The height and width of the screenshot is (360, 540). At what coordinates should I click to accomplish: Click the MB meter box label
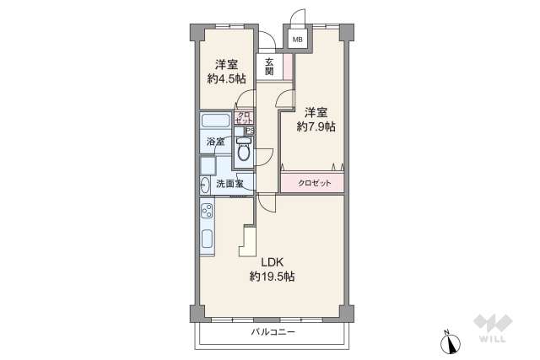pos(297,39)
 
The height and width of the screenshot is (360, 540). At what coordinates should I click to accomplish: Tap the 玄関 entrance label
pos(268,67)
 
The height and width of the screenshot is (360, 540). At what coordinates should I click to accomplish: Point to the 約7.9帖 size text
pos(316,127)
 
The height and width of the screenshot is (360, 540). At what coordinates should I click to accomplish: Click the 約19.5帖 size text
pos(272,276)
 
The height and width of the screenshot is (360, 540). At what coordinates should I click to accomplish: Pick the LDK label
pos(272,261)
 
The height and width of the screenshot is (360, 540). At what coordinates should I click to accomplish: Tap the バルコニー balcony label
pos(273,333)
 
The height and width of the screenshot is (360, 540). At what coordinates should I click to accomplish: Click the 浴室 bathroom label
pos(216,142)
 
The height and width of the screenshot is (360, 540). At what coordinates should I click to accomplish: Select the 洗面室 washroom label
pos(229,184)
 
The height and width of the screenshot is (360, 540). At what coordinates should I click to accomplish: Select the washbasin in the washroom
pos(205,184)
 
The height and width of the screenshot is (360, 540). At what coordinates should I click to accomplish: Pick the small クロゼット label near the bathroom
pos(244,119)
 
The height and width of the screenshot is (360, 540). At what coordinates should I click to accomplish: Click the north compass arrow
pos(448,343)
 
